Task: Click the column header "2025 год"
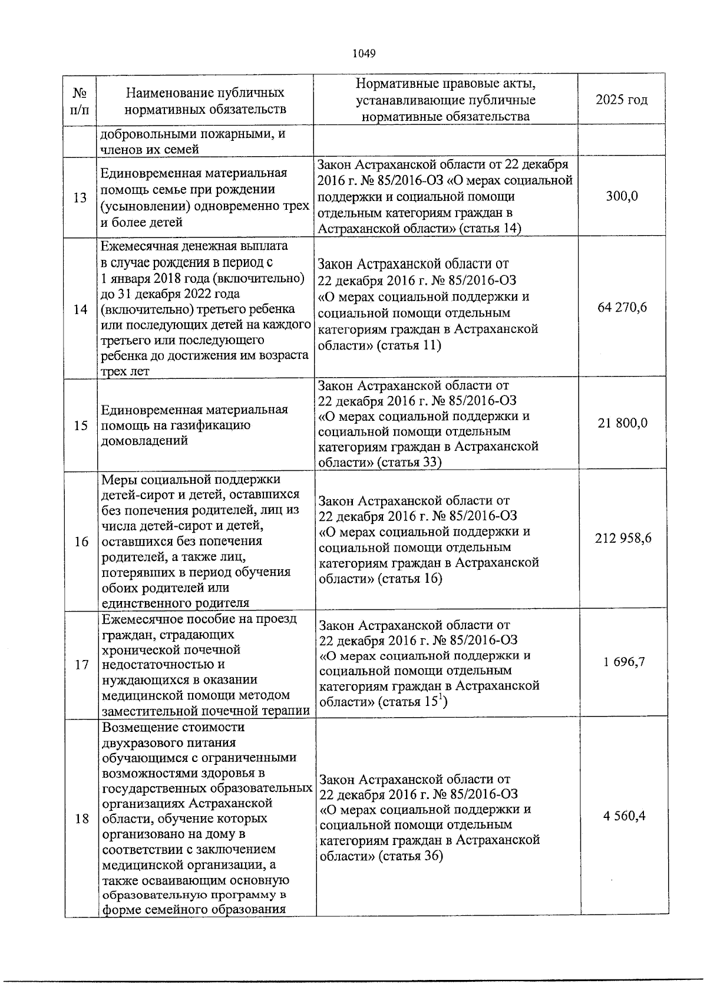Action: [622, 100]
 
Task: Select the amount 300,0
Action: [622, 196]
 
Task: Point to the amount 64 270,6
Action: [622, 307]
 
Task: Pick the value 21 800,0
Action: [623, 423]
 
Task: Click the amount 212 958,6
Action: [623, 538]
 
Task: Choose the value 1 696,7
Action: [624, 662]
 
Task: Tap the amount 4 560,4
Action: [625, 816]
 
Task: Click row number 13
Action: [80, 197]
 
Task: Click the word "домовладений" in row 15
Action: [144, 441]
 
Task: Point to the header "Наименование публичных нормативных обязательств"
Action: [205, 101]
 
